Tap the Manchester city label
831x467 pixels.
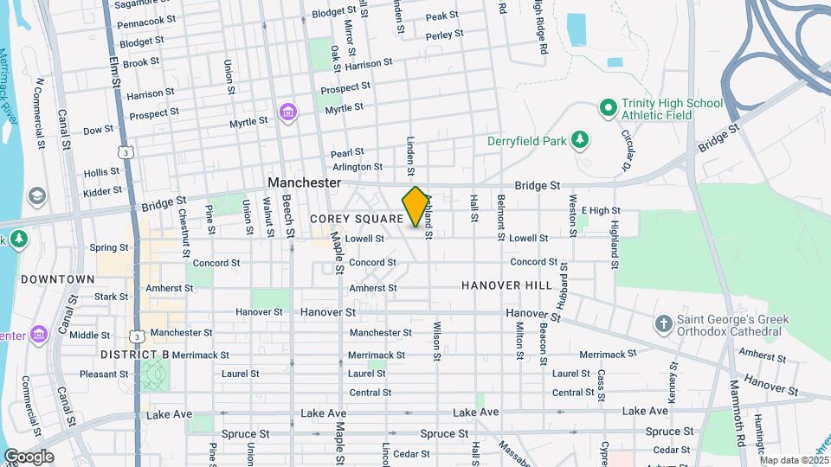click(x=305, y=183)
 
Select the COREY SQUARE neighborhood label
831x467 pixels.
click(x=357, y=220)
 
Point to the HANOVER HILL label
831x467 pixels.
click(x=506, y=285)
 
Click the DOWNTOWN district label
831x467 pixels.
click(x=58, y=279)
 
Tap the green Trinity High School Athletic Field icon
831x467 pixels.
click(x=608, y=110)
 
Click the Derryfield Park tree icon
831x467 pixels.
click(x=582, y=138)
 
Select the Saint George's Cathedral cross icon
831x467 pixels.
click(x=664, y=324)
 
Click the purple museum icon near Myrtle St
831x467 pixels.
click(x=287, y=112)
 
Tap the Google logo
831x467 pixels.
click(x=29, y=457)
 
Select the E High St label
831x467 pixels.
click(x=601, y=210)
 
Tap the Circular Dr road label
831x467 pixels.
click(x=628, y=150)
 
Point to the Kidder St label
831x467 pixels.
click(x=103, y=190)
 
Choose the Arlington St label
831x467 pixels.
click(x=357, y=167)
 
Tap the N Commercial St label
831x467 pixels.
click(x=38, y=113)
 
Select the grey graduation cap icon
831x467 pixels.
click(x=36, y=196)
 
